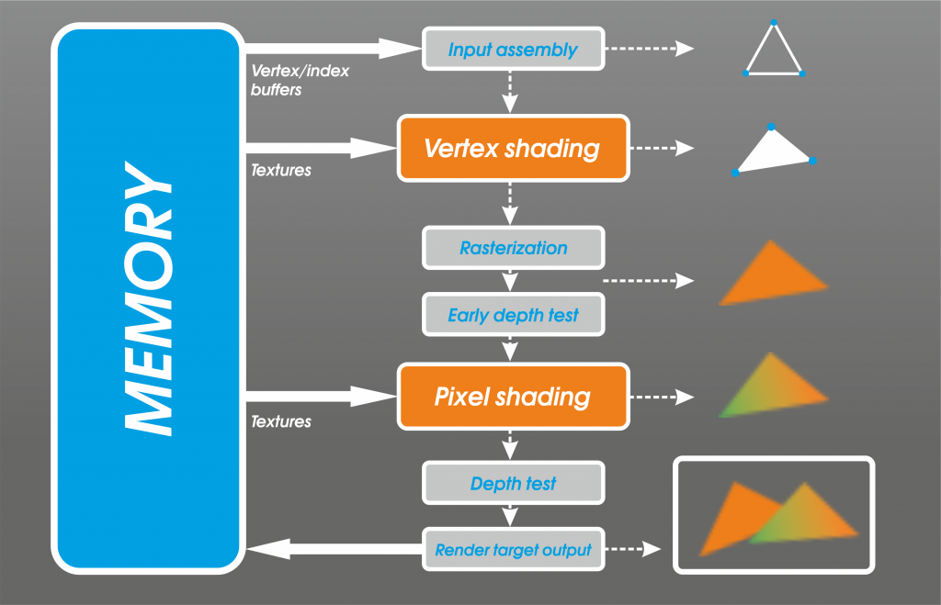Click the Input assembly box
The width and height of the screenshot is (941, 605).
[x=513, y=49]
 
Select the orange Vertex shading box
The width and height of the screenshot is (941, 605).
[x=513, y=148]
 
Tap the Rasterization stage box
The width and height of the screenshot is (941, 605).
[x=513, y=248]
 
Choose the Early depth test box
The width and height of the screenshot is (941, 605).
[x=513, y=315]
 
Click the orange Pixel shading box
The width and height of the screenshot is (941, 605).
[x=513, y=397]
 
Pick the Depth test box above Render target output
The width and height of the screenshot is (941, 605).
[x=513, y=483]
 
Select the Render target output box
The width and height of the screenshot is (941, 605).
[x=513, y=549]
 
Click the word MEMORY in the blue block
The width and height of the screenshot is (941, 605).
[x=148, y=298]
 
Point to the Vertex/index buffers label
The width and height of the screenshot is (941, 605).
[x=300, y=81]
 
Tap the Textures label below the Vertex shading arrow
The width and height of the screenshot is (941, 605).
[x=281, y=170]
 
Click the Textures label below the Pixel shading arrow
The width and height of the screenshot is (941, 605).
[x=281, y=421]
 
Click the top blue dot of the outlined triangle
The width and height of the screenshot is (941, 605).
[x=774, y=23]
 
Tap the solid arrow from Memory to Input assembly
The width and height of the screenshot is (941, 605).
[x=333, y=49]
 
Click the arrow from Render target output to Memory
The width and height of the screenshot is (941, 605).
[x=334, y=549]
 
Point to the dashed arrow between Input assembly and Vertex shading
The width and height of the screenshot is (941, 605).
[x=510, y=92]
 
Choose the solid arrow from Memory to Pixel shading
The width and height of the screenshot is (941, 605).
[x=321, y=397]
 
